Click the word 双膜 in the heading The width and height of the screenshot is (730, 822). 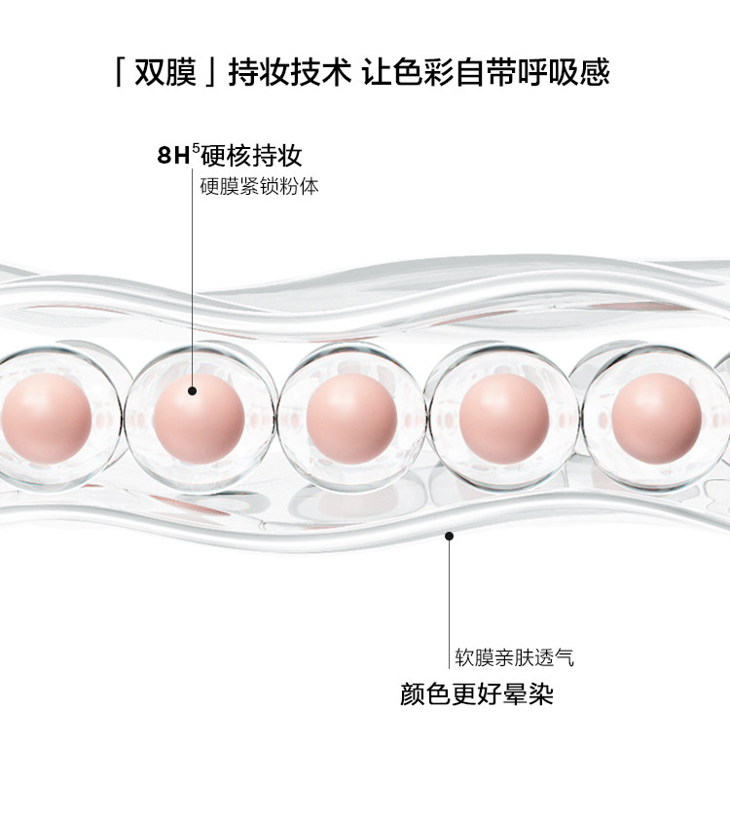[x=166, y=73]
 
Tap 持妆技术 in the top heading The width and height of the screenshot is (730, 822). [x=288, y=73]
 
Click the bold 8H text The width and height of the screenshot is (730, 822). [x=173, y=155]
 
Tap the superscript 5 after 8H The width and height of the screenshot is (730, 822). [x=195, y=148]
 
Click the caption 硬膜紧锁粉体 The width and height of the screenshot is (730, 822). [x=259, y=185]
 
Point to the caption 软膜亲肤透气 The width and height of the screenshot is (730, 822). [x=514, y=657]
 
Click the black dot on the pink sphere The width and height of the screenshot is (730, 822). [x=192, y=391]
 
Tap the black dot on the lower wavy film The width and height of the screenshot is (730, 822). [x=449, y=533]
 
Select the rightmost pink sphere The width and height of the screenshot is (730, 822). [x=658, y=419]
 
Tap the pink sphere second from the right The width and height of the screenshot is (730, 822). [x=502, y=419]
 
